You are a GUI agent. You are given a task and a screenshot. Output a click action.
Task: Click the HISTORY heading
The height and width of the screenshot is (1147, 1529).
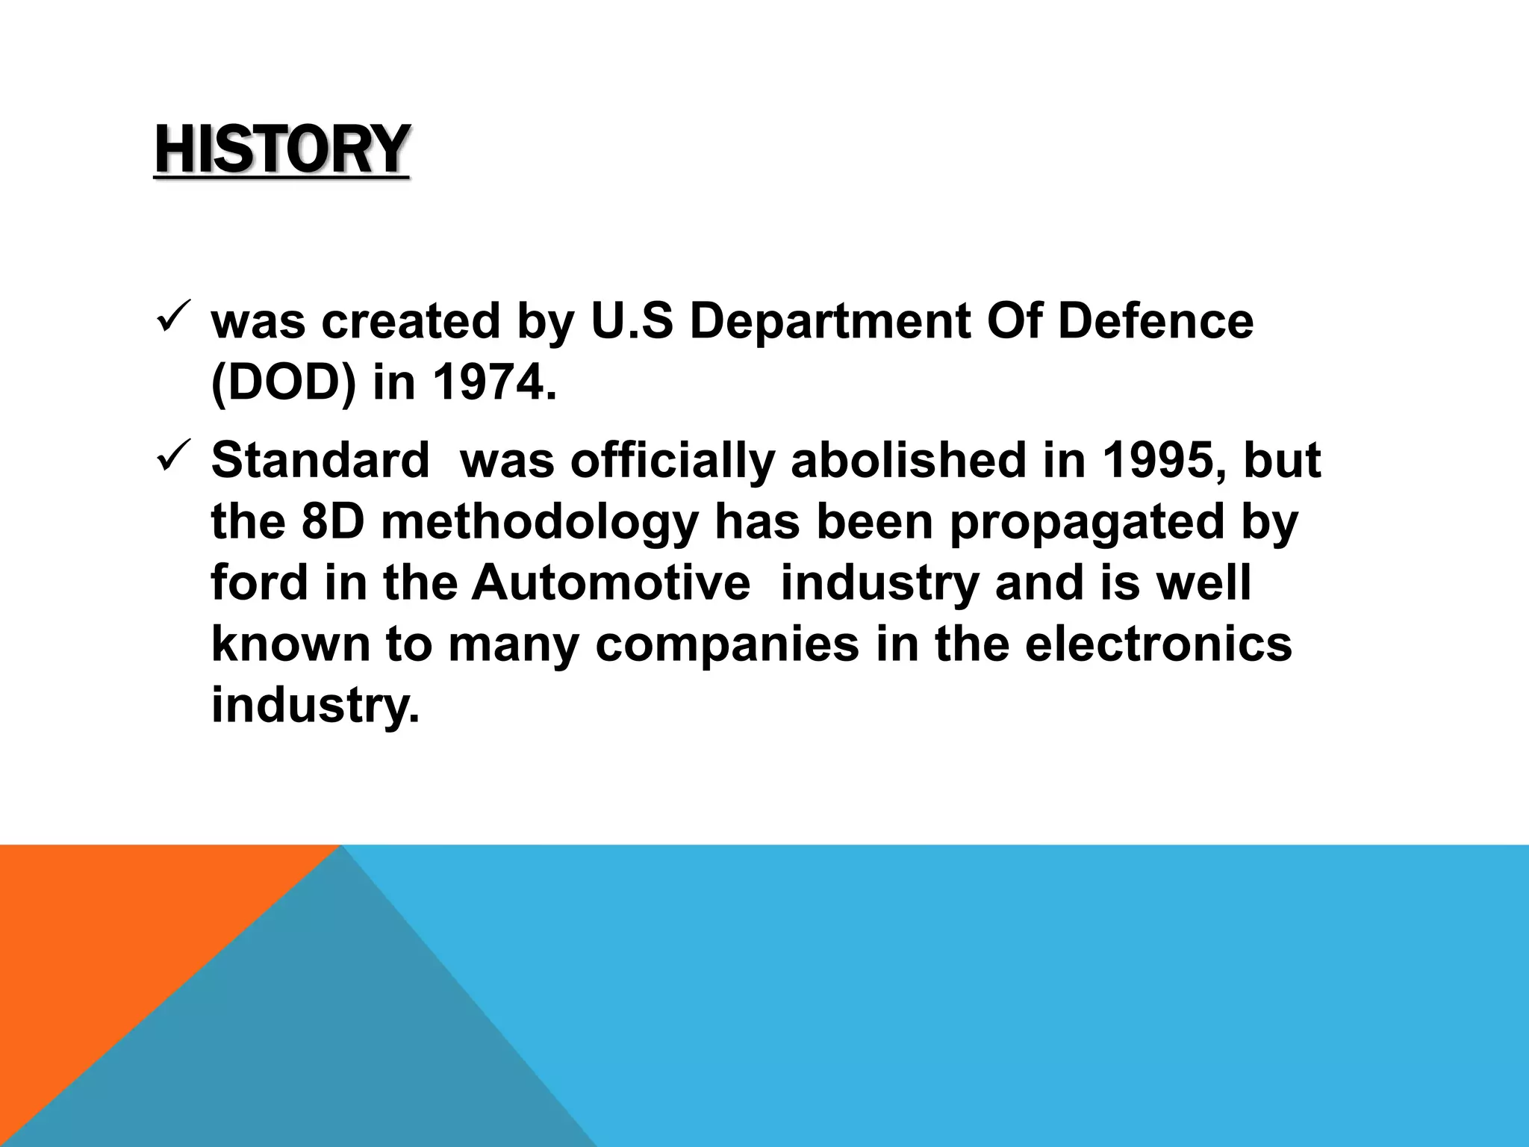281,150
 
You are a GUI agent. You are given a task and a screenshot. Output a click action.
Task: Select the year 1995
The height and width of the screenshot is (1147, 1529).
1163,460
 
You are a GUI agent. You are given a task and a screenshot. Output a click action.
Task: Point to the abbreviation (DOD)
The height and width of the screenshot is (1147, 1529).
284,383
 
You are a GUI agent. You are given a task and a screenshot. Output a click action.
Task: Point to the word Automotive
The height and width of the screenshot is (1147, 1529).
610,582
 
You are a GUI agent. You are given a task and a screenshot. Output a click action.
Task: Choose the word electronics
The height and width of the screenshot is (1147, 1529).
1158,644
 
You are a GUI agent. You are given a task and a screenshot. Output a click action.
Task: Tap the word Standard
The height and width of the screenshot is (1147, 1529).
320,460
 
